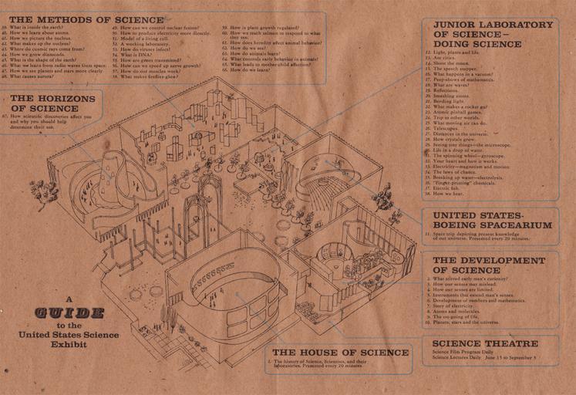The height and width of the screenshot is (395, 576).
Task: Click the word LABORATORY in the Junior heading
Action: pos(504,25)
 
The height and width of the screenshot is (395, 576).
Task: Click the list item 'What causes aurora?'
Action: pos(32,77)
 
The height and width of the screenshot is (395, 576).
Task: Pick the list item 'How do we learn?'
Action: pos(247,70)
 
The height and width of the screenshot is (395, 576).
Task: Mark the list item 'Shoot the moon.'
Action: pos(447,62)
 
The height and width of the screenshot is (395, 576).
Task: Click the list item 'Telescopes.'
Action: pos(445,127)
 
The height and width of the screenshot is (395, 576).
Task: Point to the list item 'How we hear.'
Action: pos(446,193)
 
